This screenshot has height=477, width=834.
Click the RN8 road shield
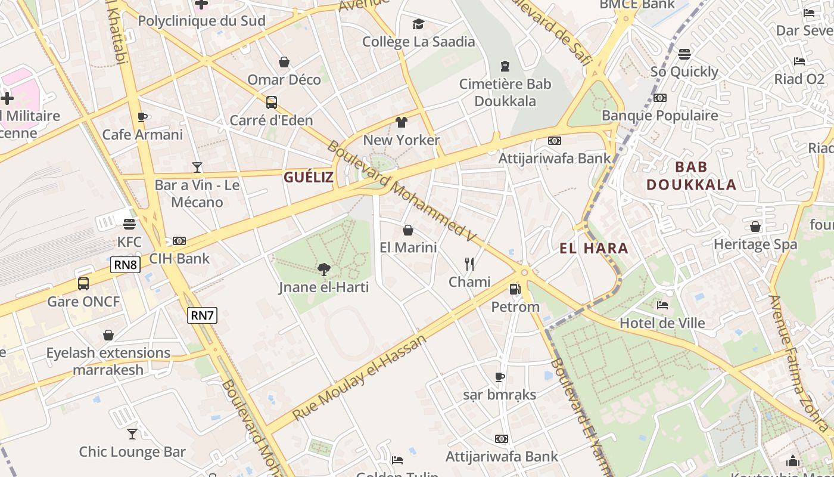click(x=125, y=264)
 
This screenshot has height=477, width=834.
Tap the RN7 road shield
click(x=202, y=315)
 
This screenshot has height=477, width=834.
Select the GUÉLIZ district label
click(x=308, y=177)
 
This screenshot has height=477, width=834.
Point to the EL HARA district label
click(x=594, y=249)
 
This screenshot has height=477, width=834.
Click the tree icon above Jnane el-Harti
click(x=323, y=270)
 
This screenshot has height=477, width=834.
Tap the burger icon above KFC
click(x=129, y=224)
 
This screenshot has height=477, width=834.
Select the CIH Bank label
click(x=179, y=259)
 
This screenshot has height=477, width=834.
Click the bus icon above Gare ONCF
click(x=83, y=284)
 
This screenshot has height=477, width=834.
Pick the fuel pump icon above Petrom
click(x=515, y=289)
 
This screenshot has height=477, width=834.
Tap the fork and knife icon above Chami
click(x=469, y=264)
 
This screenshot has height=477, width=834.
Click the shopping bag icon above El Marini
click(x=408, y=230)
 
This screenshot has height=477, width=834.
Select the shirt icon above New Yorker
click(x=401, y=122)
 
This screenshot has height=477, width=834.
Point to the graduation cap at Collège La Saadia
click(x=419, y=24)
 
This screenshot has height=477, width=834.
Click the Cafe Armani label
click(x=142, y=135)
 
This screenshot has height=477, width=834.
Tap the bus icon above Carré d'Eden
click(x=272, y=103)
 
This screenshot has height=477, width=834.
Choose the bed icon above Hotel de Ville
click(x=662, y=305)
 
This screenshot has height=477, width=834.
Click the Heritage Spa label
click(x=755, y=244)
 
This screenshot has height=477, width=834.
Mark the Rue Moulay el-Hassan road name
click(x=360, y=377)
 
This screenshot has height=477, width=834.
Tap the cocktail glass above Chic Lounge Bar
click(x=132, y=434)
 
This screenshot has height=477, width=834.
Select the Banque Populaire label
click(x=660, y=116)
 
